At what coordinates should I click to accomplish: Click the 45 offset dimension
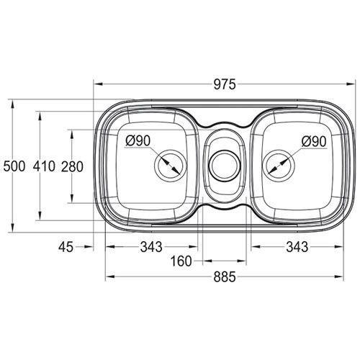(x=66, y=247)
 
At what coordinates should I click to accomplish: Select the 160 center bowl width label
(x=181, y=261)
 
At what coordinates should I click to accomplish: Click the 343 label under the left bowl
(x=150, y=247)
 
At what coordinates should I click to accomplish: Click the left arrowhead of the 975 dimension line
(x=97, y=84)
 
